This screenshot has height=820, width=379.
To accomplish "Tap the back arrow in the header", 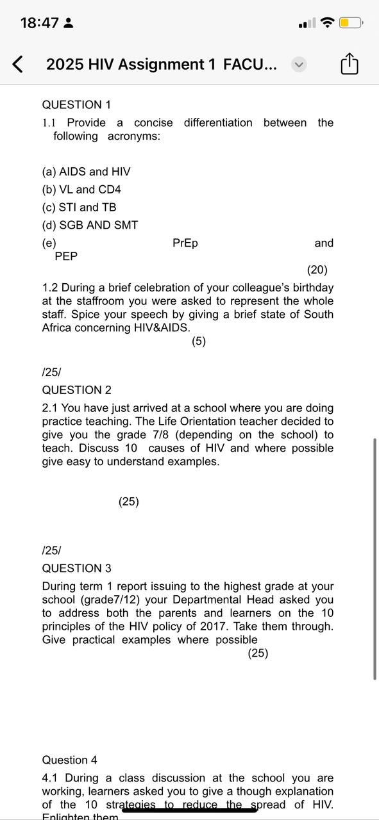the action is (19, 64).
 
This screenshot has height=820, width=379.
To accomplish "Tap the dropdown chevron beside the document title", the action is (299, 64).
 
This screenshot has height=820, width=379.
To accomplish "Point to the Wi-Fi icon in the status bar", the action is (328, 23).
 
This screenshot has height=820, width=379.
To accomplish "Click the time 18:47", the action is (39, 23).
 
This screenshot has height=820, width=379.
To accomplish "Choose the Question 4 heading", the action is (69, 760).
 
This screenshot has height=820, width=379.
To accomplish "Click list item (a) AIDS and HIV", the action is (86, 172).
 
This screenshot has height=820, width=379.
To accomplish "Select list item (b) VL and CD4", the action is (81, 190).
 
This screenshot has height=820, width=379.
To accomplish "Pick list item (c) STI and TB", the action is (79, 208).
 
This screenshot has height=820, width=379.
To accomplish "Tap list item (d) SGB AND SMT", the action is (90, 225).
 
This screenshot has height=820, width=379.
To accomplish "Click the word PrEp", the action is (185, 243).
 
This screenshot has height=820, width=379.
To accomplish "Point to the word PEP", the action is (66, 256).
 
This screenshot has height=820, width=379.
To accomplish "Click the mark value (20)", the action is (317, 270).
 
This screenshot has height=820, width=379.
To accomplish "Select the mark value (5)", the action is (199, 341).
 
